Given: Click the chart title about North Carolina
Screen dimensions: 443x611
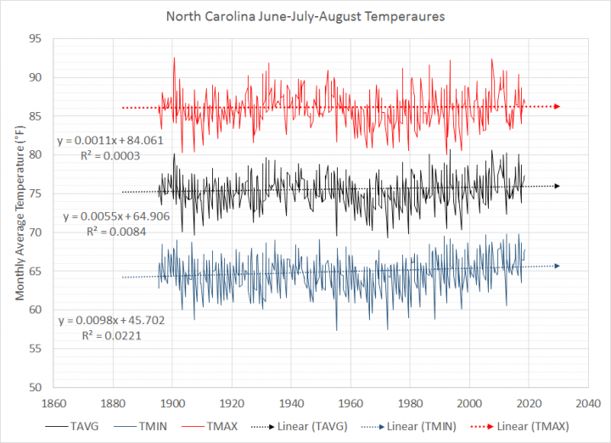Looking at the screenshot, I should click(305, 15).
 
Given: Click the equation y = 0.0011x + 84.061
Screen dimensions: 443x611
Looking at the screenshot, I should click(109, 142).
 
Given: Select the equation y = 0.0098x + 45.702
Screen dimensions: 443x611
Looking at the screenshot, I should click(109, 322).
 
